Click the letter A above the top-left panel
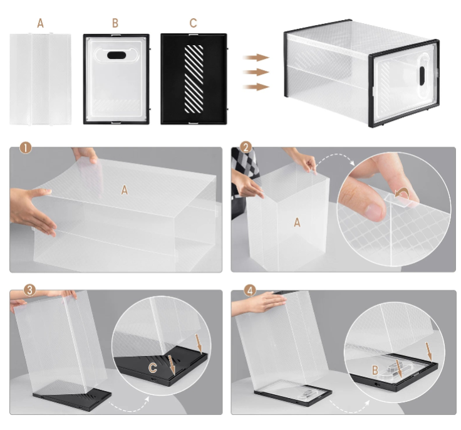pyautogui.click(x=40, y=23)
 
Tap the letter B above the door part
pyautogui.click(x=115, y=23)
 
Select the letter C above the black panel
pyautogui.click(x=193, y=23)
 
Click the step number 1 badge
pyautogui.click(x=26, y=148)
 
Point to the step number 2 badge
pyautogui.click(x=246, y=147)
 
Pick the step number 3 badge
pyautogui.click(x=29, y=290)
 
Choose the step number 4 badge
pyautogui.click(x=250, y=291)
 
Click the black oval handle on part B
pyautogui.click(x=117, y=55)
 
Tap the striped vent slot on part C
pyautogui.click(x=194, y=79)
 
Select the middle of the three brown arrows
pyautogui.click(x=256, y=72)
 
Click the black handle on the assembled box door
pyautogui.click(x=422, y=76)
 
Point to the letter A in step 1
pyautogui.click(x=125, y=190)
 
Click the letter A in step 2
pyautogui.click(x=298, y=223)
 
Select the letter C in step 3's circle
pyautogui.click(x=153, y=368)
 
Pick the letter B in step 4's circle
pyautogui.click(x=375, y=370)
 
